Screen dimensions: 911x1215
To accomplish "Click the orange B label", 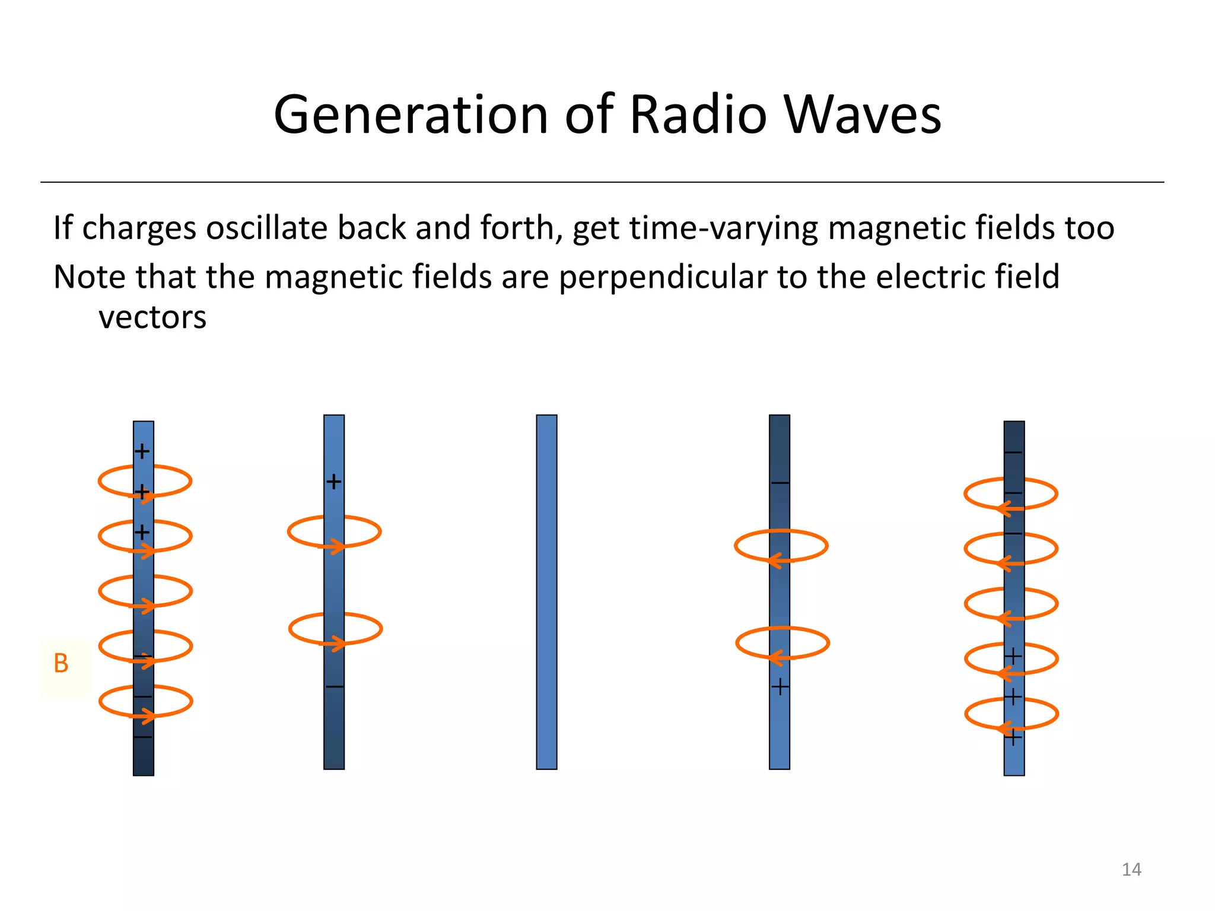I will (61, 664).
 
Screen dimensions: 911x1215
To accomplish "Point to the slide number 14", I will (1131, 869).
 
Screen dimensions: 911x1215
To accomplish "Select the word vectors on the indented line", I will (152, 317).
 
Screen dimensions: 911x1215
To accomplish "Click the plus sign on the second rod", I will (334, 481).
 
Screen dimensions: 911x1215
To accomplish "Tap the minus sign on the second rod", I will (335, 687).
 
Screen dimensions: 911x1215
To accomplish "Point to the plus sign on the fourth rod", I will (780, 687).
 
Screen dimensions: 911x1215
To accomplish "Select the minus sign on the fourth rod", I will (780, 483).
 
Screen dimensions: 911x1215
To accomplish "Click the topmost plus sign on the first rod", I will (142, 451).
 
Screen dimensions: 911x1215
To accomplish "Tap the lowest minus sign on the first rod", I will (142, 737).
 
